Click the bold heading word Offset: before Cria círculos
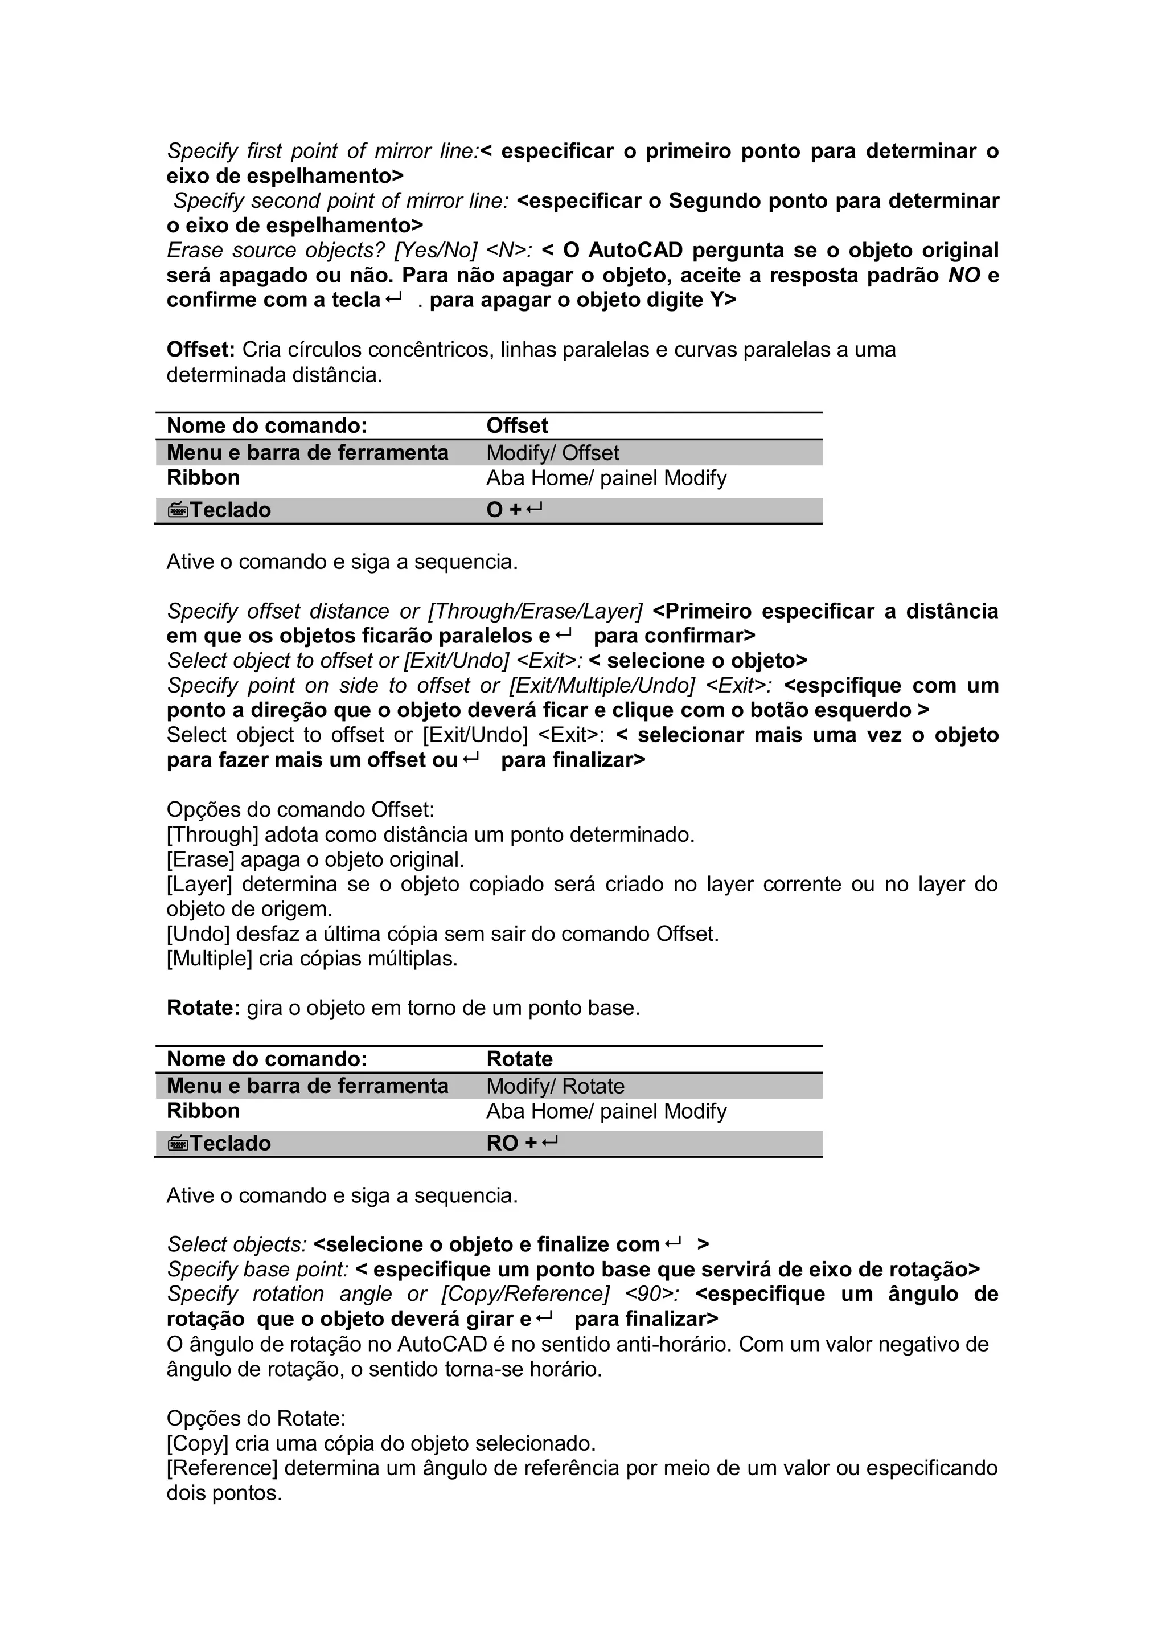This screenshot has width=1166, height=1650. pos(200,350)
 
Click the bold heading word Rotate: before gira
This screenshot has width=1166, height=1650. pos(203,1008)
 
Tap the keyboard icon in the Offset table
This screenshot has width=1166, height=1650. pos(178,510)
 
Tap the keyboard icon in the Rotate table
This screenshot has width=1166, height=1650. pos(178,1143)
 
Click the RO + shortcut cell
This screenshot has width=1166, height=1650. pos(521,1143)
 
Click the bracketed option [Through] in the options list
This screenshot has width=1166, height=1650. pos(212,835)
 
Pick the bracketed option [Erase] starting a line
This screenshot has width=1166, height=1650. pos(200,859)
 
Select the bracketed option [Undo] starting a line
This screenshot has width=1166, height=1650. pos(198,934)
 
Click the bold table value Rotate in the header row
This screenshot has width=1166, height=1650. pos(519,1059)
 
